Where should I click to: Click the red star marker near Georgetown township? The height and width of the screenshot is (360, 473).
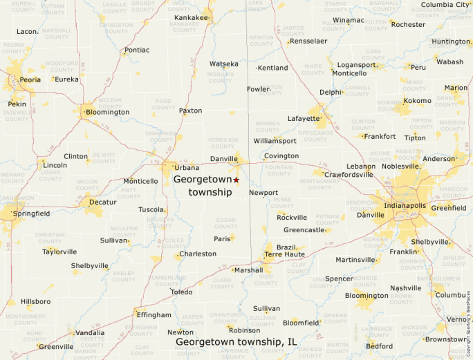(x=236, y=180)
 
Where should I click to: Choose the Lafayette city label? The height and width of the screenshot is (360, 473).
(x=304, y=119)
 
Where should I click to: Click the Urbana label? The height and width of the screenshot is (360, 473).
(x=187, y=168)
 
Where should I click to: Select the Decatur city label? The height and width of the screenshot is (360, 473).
(x=102, y=202)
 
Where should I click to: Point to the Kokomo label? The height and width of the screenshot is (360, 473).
(x=418, y=101)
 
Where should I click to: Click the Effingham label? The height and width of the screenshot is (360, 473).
(x=154, y=315)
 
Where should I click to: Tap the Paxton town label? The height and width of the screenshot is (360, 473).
(x=191, y=111)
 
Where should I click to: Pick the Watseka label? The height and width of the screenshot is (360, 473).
(x=223, y=64)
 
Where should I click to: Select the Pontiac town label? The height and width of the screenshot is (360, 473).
(x=137, y=50)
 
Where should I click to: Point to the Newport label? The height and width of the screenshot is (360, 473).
(x=263, y=193)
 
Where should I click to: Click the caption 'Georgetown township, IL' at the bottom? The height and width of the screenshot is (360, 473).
(x=236, y=342)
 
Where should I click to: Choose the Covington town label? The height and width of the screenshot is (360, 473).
(x=281, y=156)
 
